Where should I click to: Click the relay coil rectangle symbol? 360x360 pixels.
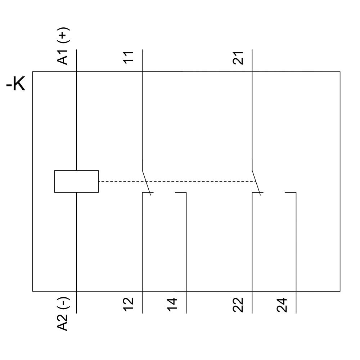coord(76,181)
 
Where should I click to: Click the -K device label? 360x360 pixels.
coord(16,85)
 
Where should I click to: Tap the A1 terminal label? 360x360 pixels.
coord(63,57)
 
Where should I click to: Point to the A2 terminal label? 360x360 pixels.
coord(63,323)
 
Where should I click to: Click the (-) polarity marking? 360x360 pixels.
coord(64,304)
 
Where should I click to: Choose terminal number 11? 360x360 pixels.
coord(129,57)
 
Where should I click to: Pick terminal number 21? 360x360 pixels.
coord(238,57)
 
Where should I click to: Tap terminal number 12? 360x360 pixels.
coord(129,305)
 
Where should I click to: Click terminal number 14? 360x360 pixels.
coord(172,305)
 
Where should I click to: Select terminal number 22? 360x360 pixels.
coord(238,305)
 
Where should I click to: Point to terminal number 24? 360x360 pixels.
coord(282,305)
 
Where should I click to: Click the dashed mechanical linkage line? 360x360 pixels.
coord(176,181)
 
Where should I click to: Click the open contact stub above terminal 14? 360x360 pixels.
coord(181,193)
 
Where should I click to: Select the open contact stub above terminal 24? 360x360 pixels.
coord(291,193)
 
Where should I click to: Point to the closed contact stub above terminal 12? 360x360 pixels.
coord(148,193)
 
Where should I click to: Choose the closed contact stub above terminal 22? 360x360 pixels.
coord(257,193)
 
